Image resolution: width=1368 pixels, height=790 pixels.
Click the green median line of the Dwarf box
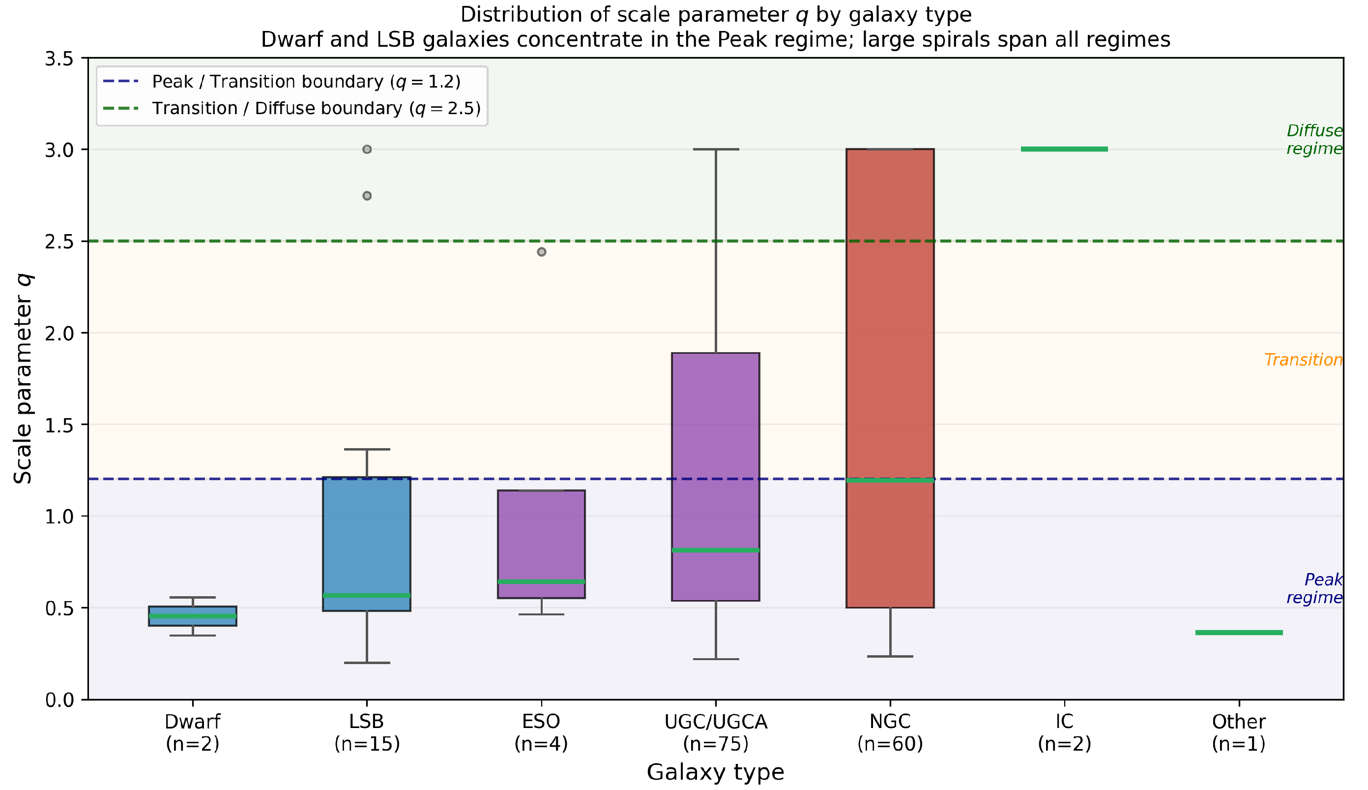pos(193,616)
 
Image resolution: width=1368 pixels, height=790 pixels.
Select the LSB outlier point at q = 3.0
pos(367,149)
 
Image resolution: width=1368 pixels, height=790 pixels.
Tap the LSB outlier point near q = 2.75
pos(367,196)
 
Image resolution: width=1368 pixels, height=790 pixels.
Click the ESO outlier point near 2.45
pos(542,252)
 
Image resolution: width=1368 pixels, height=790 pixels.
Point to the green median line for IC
pos(1064,149)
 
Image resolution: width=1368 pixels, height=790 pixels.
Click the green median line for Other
pos(1239,633)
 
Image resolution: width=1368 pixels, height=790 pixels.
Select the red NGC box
pos(890,378)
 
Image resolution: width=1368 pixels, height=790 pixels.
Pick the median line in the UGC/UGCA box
pos(716,550)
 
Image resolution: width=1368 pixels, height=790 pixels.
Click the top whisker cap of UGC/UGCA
pos(716,149)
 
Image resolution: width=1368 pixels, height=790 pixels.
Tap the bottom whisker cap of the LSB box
pos(367,663)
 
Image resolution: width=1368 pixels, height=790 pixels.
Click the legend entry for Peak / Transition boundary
pos(281,82)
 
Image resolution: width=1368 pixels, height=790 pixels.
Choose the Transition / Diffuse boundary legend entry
pos(291,109)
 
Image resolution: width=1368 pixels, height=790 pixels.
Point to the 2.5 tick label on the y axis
pos(59,242)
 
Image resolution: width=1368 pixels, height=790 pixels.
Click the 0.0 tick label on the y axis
pos(59,700)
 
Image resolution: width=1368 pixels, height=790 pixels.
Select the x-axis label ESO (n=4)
pos(541,732)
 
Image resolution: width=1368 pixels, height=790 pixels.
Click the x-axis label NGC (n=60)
pos(890,732)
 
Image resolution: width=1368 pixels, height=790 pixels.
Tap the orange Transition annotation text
pos(1304,360)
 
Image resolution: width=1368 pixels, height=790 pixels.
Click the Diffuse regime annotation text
pos(1315,139)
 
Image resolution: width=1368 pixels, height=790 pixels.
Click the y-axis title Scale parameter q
pos(23,379)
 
